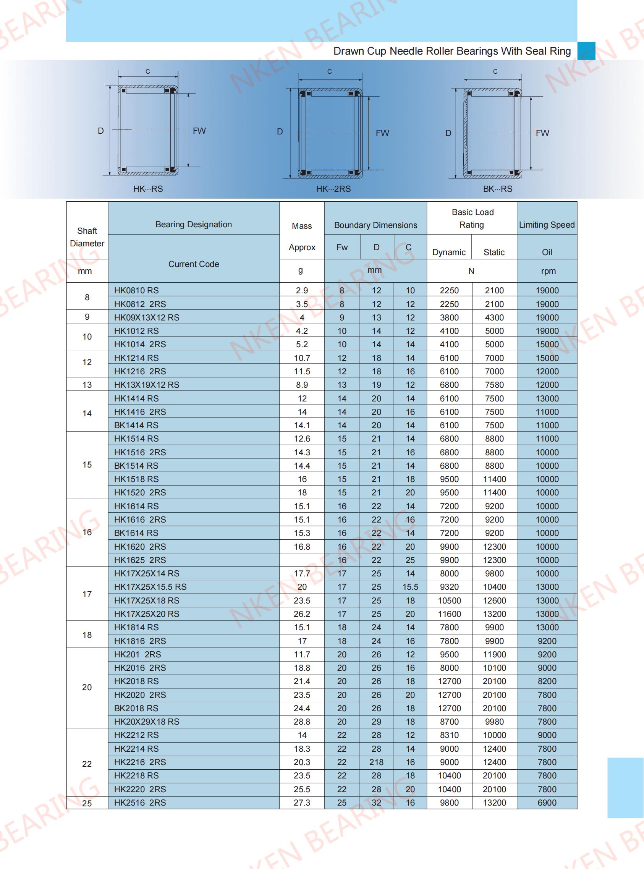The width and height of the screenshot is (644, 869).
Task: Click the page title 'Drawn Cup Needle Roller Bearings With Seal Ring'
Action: [x=452, y=52]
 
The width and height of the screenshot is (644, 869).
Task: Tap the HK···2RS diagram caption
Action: [x=333, y=189]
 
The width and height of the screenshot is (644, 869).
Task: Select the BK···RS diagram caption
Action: [x=497, y=189]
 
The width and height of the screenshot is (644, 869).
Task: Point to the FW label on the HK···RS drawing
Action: [x=199, y=131]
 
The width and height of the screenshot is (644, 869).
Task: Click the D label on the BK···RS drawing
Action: [x=448, y=133]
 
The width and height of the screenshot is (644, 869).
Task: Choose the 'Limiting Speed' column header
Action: [x=547, y=225]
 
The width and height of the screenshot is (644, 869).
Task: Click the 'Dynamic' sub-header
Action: [x=449, y=252]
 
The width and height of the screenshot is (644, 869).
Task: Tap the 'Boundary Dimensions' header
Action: [x=375, y=225]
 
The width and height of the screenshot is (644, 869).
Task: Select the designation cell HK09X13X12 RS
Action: [x=147, y=318]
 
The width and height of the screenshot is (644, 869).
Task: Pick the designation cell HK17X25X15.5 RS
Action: [x=150, y=587]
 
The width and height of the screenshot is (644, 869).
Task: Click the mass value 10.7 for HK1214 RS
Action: [x=302, y=358]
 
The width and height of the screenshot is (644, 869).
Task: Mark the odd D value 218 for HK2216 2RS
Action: [x=376, y=762]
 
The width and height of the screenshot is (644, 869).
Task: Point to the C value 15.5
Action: [x=410, y=587]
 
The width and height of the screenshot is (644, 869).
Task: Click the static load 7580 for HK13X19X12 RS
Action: [x=494, y=385]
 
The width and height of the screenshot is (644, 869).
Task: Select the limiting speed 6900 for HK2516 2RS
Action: [x=547, y=803]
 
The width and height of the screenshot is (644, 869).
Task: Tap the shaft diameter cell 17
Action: [x=87, y=594]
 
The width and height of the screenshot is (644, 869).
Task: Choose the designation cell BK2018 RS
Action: [x=136, y=708]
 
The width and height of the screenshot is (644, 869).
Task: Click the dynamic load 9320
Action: [x=449, y=587]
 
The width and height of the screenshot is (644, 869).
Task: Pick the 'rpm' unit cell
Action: [x=548, y=271]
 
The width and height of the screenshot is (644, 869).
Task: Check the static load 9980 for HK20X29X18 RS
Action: [x=494, y=722]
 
